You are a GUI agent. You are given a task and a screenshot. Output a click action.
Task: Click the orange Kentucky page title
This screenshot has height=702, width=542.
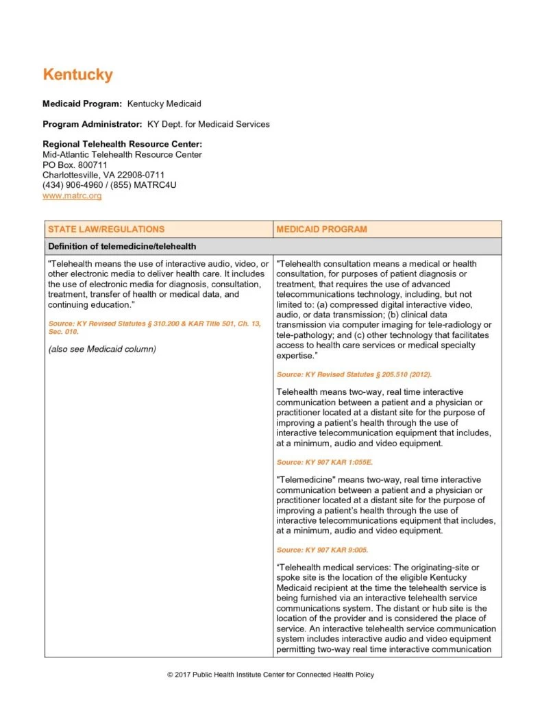coord(77,75)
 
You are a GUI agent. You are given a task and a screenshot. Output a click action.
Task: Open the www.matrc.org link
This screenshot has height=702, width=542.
coord(72,195)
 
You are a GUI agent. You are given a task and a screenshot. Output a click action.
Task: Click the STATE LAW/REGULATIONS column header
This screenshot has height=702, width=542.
coord(106,229)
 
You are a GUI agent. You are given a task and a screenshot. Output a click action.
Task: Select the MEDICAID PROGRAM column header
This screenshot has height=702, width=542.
coord(321,229)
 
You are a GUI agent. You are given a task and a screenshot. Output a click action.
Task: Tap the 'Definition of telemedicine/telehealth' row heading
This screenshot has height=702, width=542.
coord(122,246)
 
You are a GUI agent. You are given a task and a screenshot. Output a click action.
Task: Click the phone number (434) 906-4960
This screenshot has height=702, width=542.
coord(71,185)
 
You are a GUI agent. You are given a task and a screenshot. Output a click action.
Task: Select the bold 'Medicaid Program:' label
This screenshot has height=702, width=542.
coord(82,104)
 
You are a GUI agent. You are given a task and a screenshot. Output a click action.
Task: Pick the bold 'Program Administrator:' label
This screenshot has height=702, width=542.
coord(93,124)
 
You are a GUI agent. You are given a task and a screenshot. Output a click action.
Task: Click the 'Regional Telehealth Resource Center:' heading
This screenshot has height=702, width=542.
coord(122,144)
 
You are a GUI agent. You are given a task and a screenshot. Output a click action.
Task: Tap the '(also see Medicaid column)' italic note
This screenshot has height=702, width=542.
coord(102,349)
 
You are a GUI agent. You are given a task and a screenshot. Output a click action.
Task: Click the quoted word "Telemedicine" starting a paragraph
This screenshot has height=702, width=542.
coord(304,479)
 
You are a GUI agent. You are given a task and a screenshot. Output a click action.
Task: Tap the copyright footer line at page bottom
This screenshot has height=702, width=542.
coord(271,675)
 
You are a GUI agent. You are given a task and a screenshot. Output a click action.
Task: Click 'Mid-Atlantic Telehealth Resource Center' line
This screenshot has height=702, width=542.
coord(122,154)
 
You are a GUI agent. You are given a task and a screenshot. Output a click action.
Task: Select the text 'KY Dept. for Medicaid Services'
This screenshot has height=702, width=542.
coord(208,124)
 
